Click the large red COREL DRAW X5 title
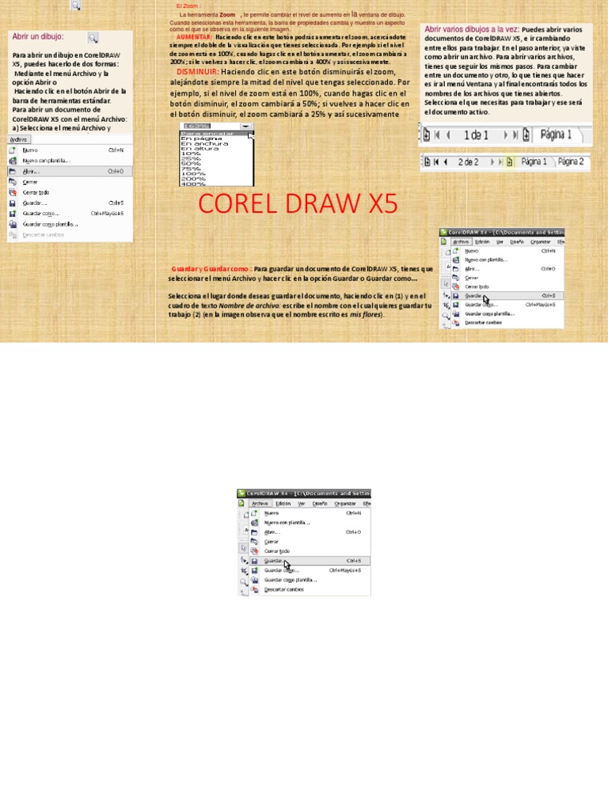coord(298,204)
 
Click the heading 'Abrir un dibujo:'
coord(38,37)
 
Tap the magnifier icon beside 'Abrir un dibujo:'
coord(93,37)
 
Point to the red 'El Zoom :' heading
coord(188,6)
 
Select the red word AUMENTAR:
coord(194,37)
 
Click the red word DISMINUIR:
coord(197,72)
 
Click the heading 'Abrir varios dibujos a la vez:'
coord(471,29)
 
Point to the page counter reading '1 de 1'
coord(476,135)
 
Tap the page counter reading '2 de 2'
coord(468,161)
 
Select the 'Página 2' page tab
coord(570,161)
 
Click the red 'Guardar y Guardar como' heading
coord(211,269)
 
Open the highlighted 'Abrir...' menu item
coord(32,171)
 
